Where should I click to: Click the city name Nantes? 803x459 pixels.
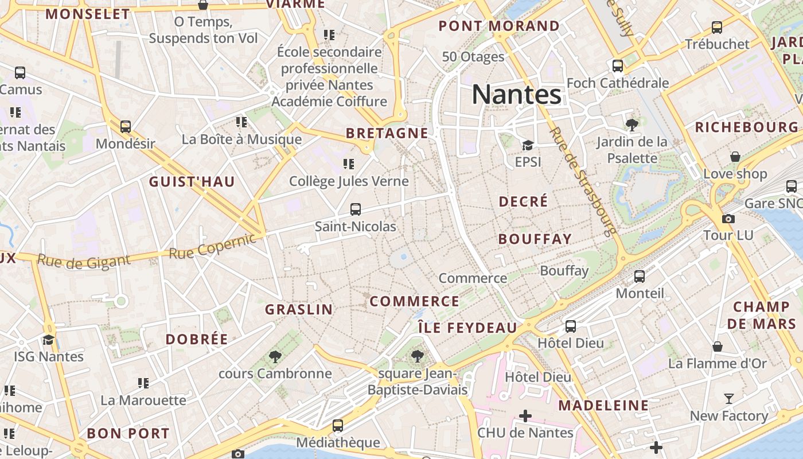pyautogui.click(x=516, y=95)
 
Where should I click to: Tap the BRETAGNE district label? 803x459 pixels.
pyautogui.click(x=387, y=133)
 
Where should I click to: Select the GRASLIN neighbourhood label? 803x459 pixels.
pyautogui.click(x=299, y=309)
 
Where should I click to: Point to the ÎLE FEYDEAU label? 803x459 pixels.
pyautogui.click(x=467, y=328)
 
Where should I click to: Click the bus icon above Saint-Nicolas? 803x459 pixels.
pyautogui.click(x=356, y=209)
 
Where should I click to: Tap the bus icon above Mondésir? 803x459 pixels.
pyautogui.click(x=126, y=126)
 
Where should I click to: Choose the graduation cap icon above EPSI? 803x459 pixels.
pyautogui.click(x=528, y=145)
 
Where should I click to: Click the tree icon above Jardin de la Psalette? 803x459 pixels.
pyautogui.click(x=632, y=124)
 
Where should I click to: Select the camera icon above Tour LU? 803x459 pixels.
pyautogui.click(x=728, y=219)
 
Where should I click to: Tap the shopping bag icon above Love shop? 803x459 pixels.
pyautogui.click(x=735, y=157)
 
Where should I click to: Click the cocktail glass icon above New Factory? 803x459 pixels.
pyautogui.click(x=729, y=398)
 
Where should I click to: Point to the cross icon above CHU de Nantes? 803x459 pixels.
pyautogui.click(x=525, y=415)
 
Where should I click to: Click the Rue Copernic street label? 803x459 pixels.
pyautogui.click(x=212, y=246)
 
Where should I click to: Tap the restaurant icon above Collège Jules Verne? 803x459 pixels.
pyautogui.click(x=349, y=164)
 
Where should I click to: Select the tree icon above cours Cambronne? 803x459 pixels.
pyautogui.click(x=275, y=356)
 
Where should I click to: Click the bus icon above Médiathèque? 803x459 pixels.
pyautogui.click(x=338, y=426)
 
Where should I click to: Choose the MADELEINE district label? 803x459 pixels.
pyautogui.click(x=603, y=406)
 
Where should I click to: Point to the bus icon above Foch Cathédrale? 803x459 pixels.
pyautogui.click(x=618, y=66)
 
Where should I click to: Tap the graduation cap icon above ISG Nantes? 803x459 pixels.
pyautogui.click(x=49, y=340)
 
